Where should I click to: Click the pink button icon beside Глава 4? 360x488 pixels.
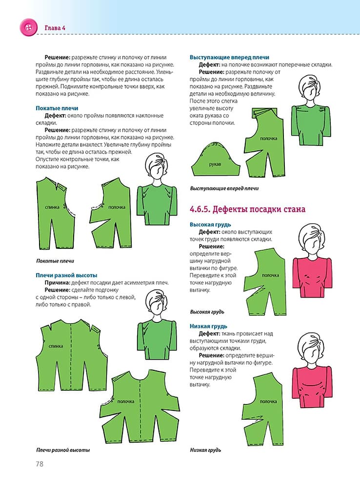click(x=27, y=27)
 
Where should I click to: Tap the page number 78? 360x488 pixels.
click(x=40, y=464)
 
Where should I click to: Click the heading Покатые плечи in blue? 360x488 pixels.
click(x=57, y=108)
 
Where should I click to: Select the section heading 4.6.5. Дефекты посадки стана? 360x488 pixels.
click(x=247, y=209)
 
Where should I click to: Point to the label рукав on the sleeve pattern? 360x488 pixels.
click(x=215, y=165)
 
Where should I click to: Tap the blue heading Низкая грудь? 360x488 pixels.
click(x=208, y=326)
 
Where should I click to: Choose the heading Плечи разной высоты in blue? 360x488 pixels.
click(x=66, y=275)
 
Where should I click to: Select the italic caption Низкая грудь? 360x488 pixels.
click(x=205, y=450)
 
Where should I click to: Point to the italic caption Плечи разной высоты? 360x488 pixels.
click(x=63, y=450)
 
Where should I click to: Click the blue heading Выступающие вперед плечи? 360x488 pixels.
click(x=229, y=57)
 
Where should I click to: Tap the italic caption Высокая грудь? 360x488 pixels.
click(x=207, y=311)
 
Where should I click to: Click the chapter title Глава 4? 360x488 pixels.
click(x=55, y=27)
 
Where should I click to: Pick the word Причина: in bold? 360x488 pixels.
click(x=57, y=283)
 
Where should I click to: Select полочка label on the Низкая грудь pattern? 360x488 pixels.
click(x=268, y=402)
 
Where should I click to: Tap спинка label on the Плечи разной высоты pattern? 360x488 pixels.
click(x=56, y=346)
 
